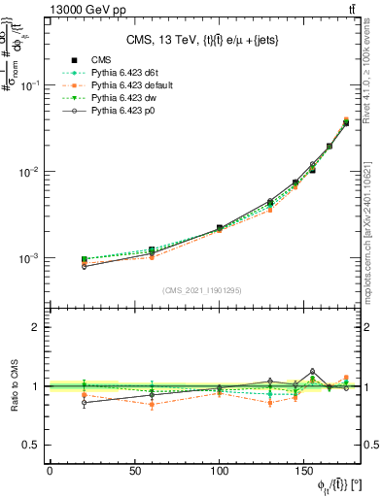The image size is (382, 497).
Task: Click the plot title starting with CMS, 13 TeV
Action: [x=204, y=40]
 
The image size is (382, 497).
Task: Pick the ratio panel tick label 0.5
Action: [x=33, y=445]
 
